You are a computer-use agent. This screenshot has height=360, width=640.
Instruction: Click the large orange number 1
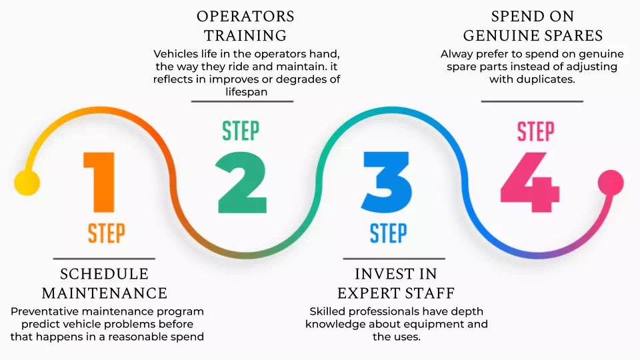(101, 182)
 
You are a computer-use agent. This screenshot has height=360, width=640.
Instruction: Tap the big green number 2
(241, 182)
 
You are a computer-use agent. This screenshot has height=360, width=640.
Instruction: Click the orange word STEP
(106, 233)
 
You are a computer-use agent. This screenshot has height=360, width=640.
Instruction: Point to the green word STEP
(240, 131)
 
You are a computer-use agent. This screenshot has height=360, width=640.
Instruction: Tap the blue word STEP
(388, 233)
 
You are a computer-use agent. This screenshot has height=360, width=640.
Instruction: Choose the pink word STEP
(535, 131)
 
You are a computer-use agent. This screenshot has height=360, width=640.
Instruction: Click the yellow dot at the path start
(27, 182)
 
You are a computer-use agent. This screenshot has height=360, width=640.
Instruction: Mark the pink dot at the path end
(611, 182)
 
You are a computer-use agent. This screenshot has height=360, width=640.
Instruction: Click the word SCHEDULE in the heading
(104, 275)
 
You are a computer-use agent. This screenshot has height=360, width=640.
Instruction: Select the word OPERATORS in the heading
(245, 17)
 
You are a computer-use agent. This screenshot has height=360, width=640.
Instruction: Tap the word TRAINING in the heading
(245, 36)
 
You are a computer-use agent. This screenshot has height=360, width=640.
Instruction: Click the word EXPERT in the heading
(366, 293)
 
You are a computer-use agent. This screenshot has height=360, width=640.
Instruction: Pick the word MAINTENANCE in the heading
(104, 293)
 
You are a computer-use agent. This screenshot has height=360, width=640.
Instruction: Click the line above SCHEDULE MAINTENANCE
(104, 259)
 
